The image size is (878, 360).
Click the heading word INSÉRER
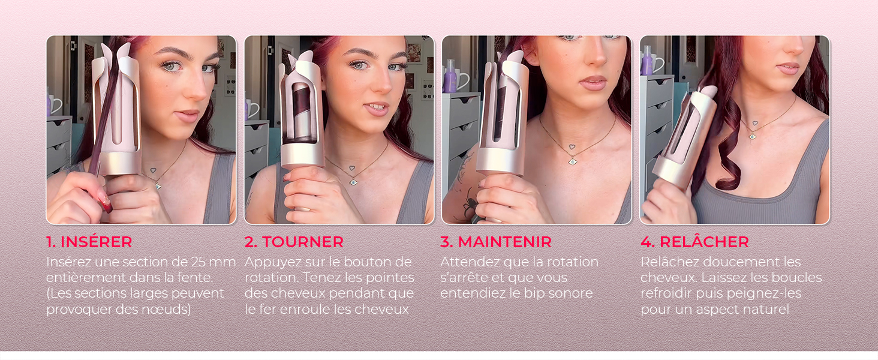click(x=96, y=242)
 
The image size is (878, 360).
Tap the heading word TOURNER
click(x=303, y=242)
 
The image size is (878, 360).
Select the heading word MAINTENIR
click(x=504, y=242)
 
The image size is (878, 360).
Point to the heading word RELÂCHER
click(x=704, y=242)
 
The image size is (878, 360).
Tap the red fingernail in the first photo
click(x=106, y=205)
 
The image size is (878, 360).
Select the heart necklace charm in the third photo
click(x=572, y=148)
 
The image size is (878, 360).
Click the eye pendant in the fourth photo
click(x=753, y=136)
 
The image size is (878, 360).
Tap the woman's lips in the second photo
click(x=376, y=108)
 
